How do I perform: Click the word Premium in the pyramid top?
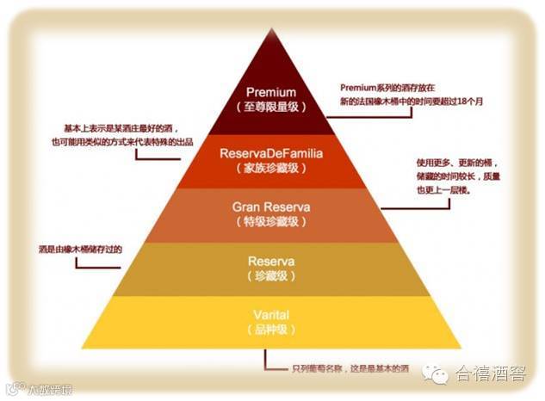pyautogui.click(x=271, y=92)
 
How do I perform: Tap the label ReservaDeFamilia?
pyautogui.click(x=271, y=153)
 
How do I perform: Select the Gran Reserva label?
pyautogui.click(x=271, y=207)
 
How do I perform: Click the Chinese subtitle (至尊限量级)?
pyautogui.click(x=271, y=107)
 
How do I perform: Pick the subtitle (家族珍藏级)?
pyautogui.click(x=271, y=168)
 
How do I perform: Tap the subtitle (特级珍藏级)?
pyautogui.click(x=271, y=222)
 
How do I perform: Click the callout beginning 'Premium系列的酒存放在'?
pyautogui.click(x=395, y=88)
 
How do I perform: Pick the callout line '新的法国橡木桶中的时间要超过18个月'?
pyautogui.click(x=412, y=102)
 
